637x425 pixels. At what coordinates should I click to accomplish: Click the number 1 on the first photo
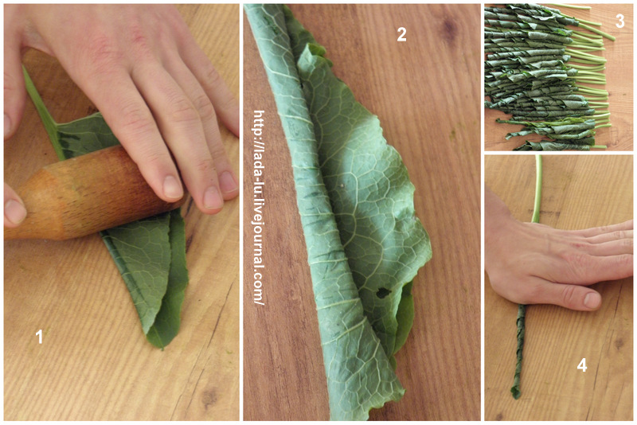tap(39, 337)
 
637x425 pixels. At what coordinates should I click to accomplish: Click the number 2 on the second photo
tap(401, 34)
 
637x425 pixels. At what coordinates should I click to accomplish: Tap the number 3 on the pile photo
tap(620, 21)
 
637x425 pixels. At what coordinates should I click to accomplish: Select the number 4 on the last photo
tap(582, 366)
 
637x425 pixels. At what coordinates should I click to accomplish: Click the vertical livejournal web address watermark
tap(259, 208)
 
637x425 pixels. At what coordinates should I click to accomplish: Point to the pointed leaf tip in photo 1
tap(162, 348)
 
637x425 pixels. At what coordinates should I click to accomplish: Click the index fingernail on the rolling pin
tap(173, 188)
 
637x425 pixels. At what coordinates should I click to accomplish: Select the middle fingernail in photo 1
tap(213, 197)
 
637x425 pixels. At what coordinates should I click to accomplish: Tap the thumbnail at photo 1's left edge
tap(14, 212)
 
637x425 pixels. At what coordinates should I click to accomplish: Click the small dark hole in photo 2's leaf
tap(383, 292)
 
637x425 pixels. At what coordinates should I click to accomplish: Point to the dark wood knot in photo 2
tap(449, 28)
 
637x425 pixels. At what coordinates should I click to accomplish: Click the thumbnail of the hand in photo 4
tap(592, 300)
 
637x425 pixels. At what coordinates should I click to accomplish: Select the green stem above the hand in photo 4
tap(538, 189)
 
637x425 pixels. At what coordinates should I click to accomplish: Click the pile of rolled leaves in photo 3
tap(546, 77)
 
